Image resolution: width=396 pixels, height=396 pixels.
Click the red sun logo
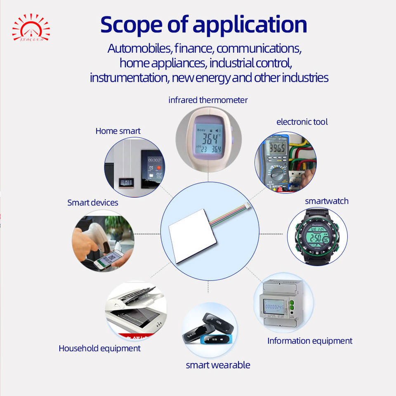tap(31, 28)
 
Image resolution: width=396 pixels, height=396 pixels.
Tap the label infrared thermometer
tap(208, 100)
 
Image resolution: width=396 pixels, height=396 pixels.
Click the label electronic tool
tap(302, 122)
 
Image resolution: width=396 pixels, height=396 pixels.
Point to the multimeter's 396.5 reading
tap(275, 148)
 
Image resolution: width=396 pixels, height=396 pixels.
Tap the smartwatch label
tap(327, 201)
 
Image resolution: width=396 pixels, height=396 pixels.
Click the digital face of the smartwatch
tap(317, 237)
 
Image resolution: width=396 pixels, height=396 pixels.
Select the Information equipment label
tap(310, 341)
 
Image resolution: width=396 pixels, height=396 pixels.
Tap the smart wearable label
tap(218, 365)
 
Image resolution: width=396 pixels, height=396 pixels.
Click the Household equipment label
tap(99, 349)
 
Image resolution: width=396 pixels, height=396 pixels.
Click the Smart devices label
tap(93, 203)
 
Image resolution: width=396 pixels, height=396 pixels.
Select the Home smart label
tap(118, 131)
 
